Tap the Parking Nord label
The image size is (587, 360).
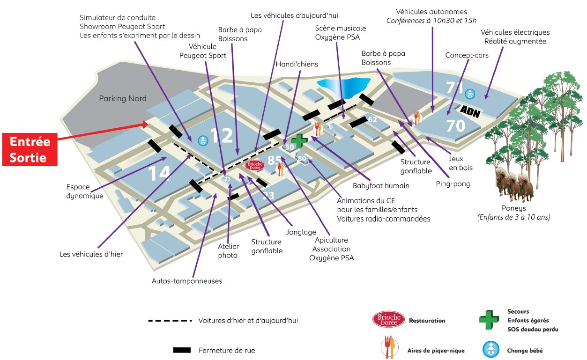tap(123, 98)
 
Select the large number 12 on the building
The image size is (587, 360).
tap(222, 136)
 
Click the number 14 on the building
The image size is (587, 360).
tap(159, 173)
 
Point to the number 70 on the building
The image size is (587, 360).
tap(455, 125)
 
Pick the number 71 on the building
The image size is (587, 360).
tap(454, 88)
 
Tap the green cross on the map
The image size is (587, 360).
tap(298, 140)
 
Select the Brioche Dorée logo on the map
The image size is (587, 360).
tap(255, 165)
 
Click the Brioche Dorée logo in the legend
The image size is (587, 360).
tap(388, 320)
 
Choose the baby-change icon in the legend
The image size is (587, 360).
tap(490, 350)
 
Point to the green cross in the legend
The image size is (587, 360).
tap(489, 320)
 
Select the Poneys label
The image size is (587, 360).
tap(513, 208)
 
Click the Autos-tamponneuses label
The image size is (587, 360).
tap(187, 281)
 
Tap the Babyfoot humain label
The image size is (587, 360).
tap(381, 185)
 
